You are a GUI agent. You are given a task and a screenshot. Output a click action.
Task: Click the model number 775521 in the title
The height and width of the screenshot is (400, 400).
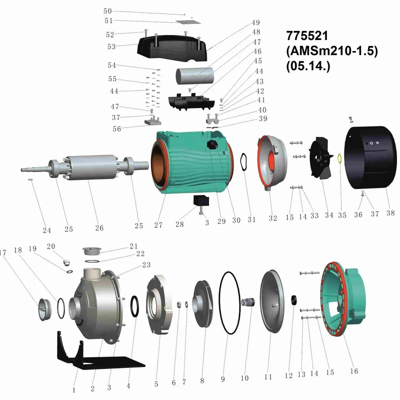[307, 35]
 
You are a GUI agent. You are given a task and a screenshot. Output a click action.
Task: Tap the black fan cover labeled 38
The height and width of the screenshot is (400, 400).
[370, 157]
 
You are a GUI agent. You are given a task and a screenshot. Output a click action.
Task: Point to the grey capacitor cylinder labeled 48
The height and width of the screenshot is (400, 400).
[195, 75]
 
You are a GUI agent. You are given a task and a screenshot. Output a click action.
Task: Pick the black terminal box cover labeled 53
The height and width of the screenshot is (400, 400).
[172, 48]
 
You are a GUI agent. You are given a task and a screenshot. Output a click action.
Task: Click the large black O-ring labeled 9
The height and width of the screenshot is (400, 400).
[229, 303]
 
